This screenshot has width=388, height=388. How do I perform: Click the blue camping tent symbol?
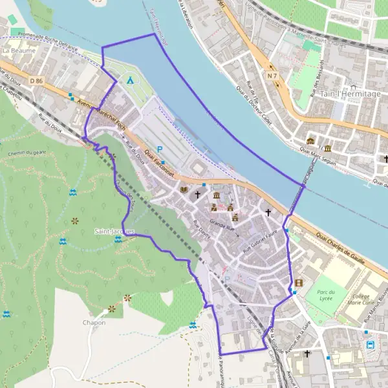[x=131, y=81]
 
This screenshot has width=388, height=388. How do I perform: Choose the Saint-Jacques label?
[x=114, y=231]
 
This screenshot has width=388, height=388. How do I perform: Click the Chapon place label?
[x=94, y=322]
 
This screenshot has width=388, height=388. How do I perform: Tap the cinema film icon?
[x=298, y=283]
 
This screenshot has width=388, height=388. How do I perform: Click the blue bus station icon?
[x=371, y=345]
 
